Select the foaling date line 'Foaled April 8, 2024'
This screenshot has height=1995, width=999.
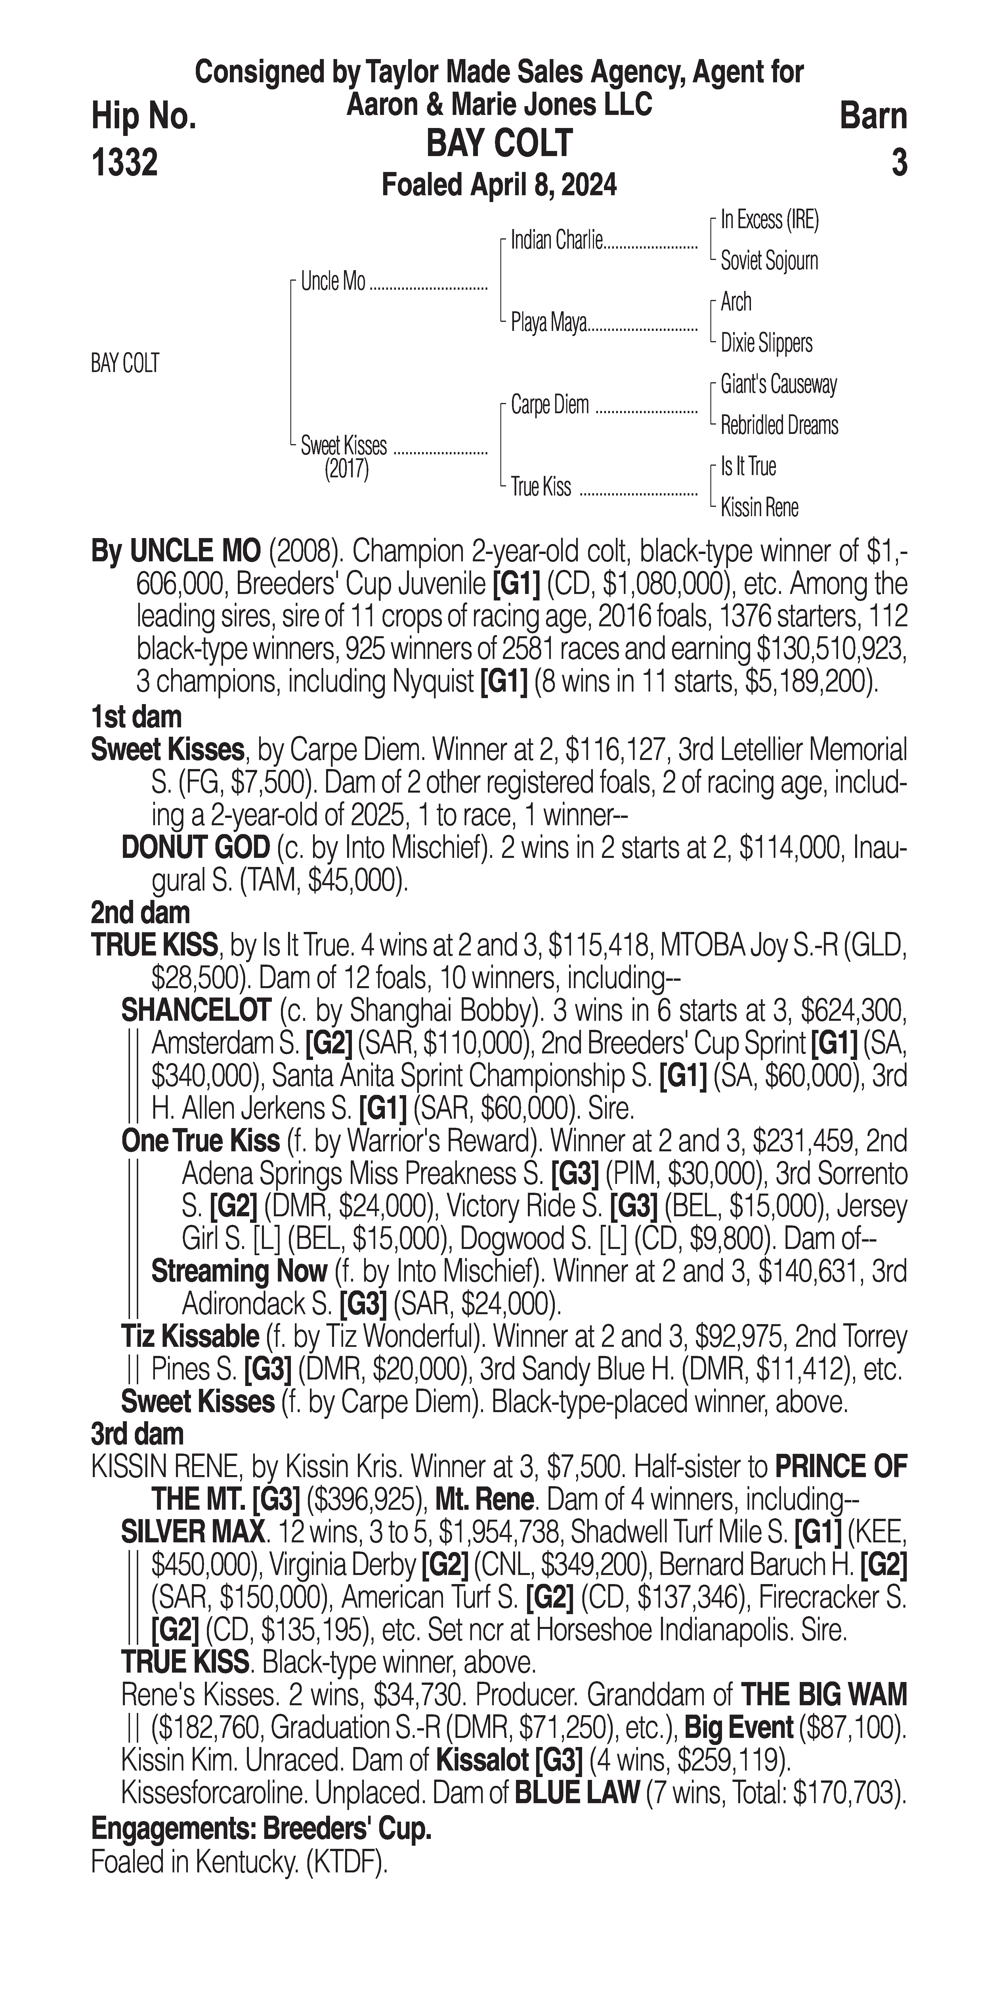499,185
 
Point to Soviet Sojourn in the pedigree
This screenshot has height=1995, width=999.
769,261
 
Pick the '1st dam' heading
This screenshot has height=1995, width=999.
136,717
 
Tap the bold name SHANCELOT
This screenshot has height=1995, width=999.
196,1010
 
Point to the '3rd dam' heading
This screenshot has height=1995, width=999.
137,1434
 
